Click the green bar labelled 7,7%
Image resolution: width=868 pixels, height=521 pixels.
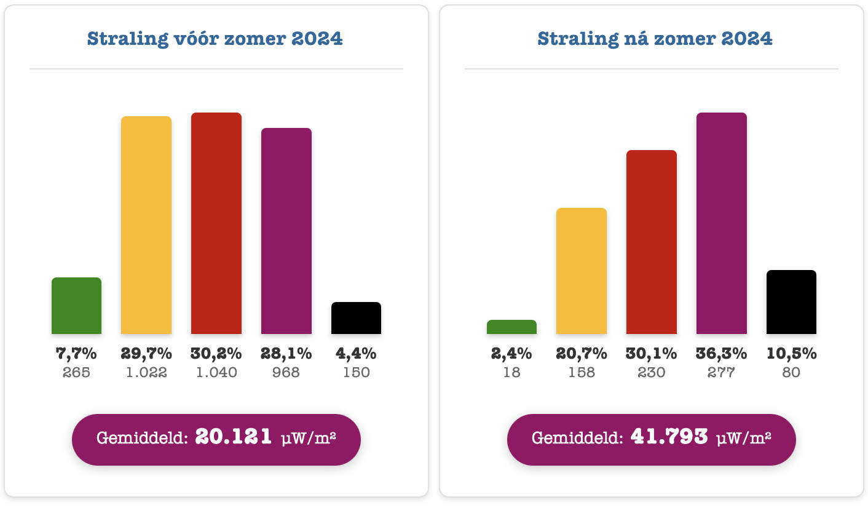76,306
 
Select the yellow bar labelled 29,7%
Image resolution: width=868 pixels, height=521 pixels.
146,225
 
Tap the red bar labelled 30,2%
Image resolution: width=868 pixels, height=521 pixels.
216,223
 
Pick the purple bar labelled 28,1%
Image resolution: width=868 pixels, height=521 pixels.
286,231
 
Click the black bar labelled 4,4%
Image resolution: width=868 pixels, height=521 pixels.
356,318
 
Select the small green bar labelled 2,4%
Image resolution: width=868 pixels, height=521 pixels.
511,327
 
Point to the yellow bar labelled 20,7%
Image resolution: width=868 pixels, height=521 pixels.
582,271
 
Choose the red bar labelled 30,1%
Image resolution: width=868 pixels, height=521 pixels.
652,242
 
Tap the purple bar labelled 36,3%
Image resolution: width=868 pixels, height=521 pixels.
722,223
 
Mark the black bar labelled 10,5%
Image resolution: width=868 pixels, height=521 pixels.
791,302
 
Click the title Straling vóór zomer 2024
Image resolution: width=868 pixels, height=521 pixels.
215,38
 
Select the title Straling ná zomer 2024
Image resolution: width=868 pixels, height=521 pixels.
655,38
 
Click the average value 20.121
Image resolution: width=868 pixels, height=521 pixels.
234,437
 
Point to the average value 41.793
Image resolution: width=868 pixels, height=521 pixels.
669,437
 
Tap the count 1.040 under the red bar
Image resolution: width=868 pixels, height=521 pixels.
216,372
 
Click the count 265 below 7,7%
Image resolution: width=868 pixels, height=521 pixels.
76,372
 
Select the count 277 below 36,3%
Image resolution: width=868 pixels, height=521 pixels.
721,372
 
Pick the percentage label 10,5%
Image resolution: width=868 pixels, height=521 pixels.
791,354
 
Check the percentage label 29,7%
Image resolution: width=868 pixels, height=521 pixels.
146,354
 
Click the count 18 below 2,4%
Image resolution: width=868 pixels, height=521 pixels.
511,372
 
